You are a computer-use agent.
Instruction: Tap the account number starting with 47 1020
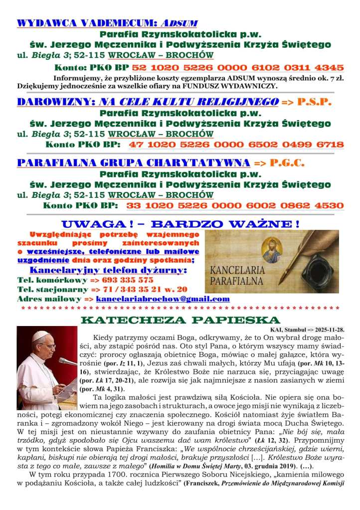point(236,145)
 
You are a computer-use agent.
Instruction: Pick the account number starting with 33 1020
point(235,205)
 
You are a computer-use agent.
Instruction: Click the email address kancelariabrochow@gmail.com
point(156,299)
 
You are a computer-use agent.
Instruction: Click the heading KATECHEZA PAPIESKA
point(180,320)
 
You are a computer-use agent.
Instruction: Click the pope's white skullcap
point(41,335)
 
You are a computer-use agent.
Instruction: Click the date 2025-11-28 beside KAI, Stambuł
point(328,330)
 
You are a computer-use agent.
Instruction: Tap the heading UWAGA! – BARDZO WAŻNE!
point(180,223)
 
